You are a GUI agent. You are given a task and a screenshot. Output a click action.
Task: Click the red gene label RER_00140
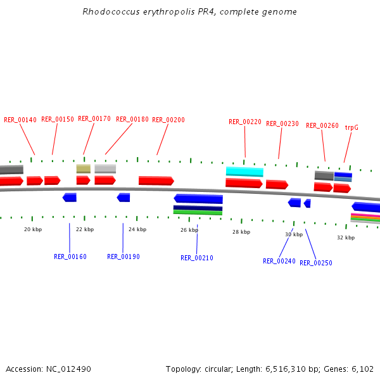20,120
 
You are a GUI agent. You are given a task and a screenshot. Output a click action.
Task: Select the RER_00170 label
94,118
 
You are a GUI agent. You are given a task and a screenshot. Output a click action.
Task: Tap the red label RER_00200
168,120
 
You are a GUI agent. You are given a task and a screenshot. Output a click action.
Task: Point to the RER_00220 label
245,122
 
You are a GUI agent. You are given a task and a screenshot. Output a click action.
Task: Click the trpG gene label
351,127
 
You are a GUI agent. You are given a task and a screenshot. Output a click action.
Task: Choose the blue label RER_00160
70,256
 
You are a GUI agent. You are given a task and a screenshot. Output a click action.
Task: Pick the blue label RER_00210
197,258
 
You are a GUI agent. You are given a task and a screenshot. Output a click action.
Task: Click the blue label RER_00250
316,263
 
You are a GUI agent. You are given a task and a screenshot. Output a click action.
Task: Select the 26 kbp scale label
189,230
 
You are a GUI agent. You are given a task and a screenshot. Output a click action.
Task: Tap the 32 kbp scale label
346,237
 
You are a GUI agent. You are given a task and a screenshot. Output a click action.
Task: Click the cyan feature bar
244,172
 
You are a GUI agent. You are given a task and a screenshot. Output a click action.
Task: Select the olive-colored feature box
84,168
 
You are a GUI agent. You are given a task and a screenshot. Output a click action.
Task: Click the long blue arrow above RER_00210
198,199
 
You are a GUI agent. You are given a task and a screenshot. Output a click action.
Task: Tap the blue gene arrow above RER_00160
70,198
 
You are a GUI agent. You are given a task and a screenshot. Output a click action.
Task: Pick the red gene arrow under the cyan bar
244,183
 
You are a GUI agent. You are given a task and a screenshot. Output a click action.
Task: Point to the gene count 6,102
362,369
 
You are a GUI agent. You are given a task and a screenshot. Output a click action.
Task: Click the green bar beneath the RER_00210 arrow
198,213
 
